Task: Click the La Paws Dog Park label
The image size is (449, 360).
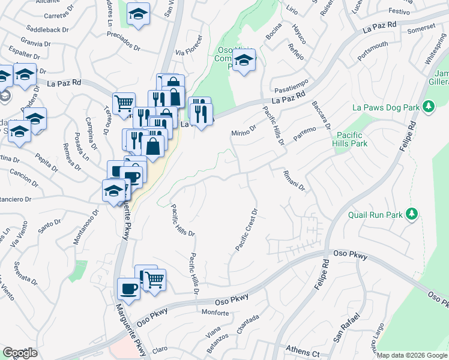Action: click(385, 107)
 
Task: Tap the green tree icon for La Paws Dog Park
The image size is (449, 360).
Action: click(428, 107)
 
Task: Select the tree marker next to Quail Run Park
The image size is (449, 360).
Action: click(411, 214)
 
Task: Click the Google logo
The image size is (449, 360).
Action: click(20, 353)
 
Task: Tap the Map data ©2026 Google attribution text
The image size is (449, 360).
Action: click(412, 355)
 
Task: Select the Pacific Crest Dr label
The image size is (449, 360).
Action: click(247, 229)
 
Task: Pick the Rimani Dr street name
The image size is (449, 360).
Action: click(295, 180)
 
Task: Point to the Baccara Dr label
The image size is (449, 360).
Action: click(322, 114)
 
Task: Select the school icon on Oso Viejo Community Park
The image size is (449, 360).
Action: click(244, 61)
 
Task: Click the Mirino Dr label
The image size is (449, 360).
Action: click(244, 130)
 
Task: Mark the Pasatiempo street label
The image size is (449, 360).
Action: click(291, 85)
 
